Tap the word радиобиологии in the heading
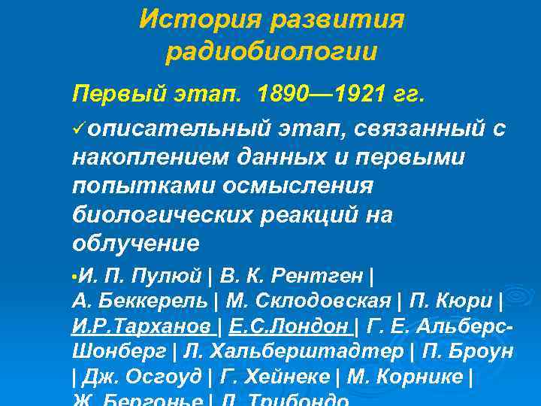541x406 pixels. coord(271,52)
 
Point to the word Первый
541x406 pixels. coord(113,95)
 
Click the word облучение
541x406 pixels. coord(135,244)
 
